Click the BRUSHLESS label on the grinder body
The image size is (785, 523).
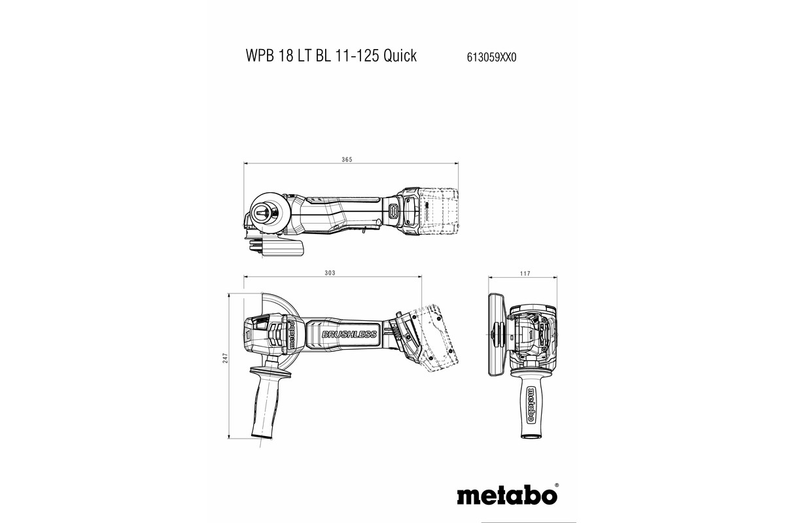pos(349,335)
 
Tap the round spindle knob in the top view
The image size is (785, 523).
pos(268,213)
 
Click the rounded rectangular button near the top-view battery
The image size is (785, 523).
pos(394,211)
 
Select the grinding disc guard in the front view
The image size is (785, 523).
pos(495,334)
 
